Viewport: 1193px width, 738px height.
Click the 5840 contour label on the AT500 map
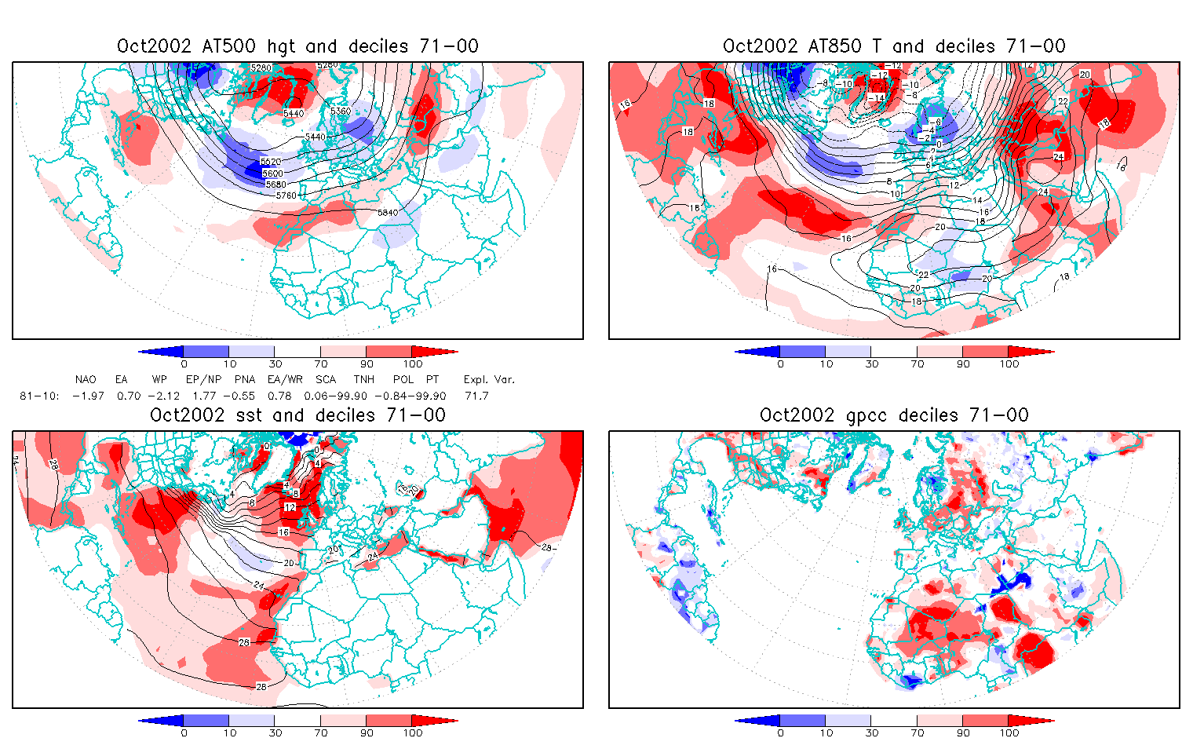click(x=388, y=213)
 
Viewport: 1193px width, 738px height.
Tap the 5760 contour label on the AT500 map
click(x=287, y=195)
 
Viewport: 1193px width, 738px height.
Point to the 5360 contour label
click(x=340, y=111)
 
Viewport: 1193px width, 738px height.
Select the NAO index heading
click(x=86, y=379)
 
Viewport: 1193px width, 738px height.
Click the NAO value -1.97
click(x=88, y=396)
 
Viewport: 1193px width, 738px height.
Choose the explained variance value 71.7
click(x=476, y=396)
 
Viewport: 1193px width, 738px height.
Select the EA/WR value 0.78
click(x=279, y=396)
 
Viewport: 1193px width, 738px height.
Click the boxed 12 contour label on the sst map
click(x=290, y=507)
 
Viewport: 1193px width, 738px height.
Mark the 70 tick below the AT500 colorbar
click(x=321, y=364)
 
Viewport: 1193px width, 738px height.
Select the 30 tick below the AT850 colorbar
click(x=872, y=364)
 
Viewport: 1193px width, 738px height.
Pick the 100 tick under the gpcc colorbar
click(x=1009, y=733)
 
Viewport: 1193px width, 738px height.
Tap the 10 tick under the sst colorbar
click(x=230, y=733)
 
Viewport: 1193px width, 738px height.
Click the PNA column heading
click(x=245, y=379)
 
